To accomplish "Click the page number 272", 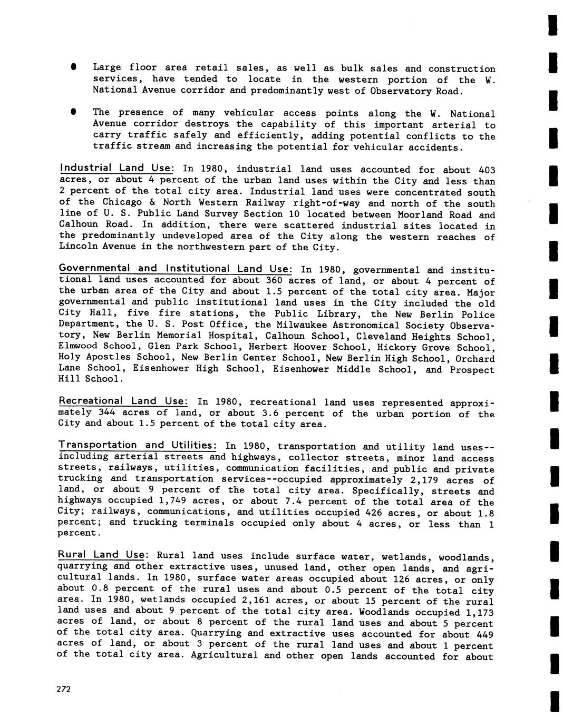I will click(x=64, y=690).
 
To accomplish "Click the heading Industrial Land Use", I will click(x=116, y=168).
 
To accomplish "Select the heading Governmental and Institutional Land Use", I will click(x=176, y=269).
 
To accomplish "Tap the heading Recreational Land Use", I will click(x=124, y=401).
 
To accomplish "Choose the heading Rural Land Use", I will click(x=102, y=555).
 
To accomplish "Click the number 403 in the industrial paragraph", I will click(x=487, y=170).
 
